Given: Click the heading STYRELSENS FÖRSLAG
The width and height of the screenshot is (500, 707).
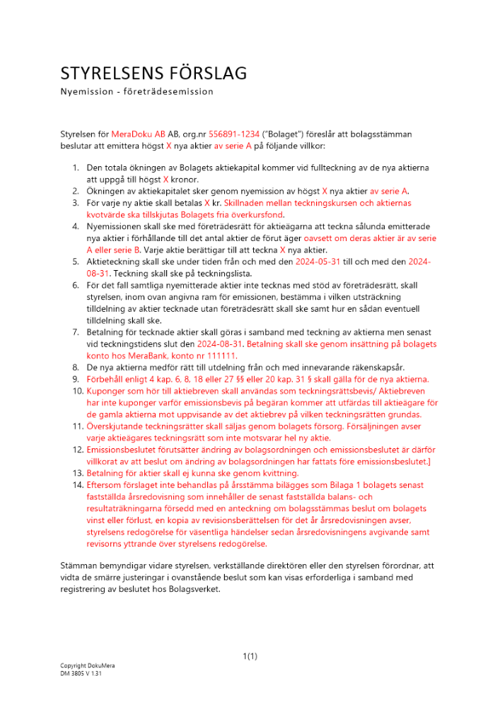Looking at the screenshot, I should tap(153, 74).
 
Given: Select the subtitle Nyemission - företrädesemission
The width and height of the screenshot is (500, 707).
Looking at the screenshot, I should tap(136, 92).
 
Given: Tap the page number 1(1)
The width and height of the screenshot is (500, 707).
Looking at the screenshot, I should tap(250, 657).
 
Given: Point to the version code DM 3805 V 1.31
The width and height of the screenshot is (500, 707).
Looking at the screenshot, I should tap(81, 674).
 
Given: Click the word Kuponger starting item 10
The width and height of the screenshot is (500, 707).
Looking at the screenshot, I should tap(108, 390).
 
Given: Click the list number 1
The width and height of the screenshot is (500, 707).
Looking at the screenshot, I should tap(77, 168).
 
